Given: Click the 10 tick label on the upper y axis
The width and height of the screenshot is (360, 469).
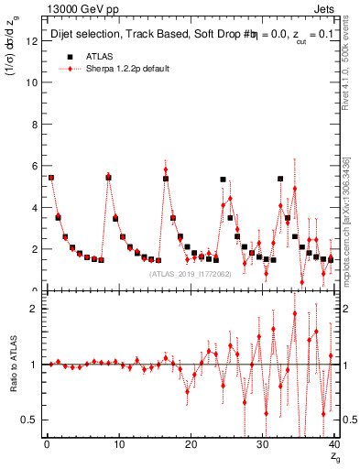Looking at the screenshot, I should pos(35,82).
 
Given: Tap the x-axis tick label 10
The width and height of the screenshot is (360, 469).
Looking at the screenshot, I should pos(118,444).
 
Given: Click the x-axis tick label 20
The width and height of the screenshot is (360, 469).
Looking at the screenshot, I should pos(191,444).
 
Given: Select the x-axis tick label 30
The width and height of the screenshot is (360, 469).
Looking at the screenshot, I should pos(262,444).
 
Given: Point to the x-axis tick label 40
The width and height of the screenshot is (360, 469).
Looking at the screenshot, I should pos(333,444).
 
